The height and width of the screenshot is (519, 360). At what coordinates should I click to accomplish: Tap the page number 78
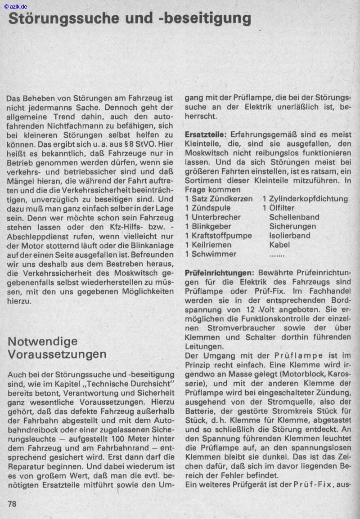point(12,504)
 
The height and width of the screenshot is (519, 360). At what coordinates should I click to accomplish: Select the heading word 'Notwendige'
point(43,341)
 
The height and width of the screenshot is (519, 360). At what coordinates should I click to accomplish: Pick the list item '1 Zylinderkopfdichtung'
point(305,198)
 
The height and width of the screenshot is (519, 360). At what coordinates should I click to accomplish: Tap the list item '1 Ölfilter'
point(279,208)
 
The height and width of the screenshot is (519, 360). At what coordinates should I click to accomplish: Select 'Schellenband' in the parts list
point(294,217)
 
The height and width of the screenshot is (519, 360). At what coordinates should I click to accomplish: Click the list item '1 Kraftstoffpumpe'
point(218,236)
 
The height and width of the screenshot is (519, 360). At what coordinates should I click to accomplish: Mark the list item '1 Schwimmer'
point(211,254)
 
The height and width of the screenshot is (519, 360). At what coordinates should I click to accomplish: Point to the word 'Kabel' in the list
point(279,245)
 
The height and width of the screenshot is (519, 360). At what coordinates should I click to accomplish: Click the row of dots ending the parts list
point(277,255)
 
